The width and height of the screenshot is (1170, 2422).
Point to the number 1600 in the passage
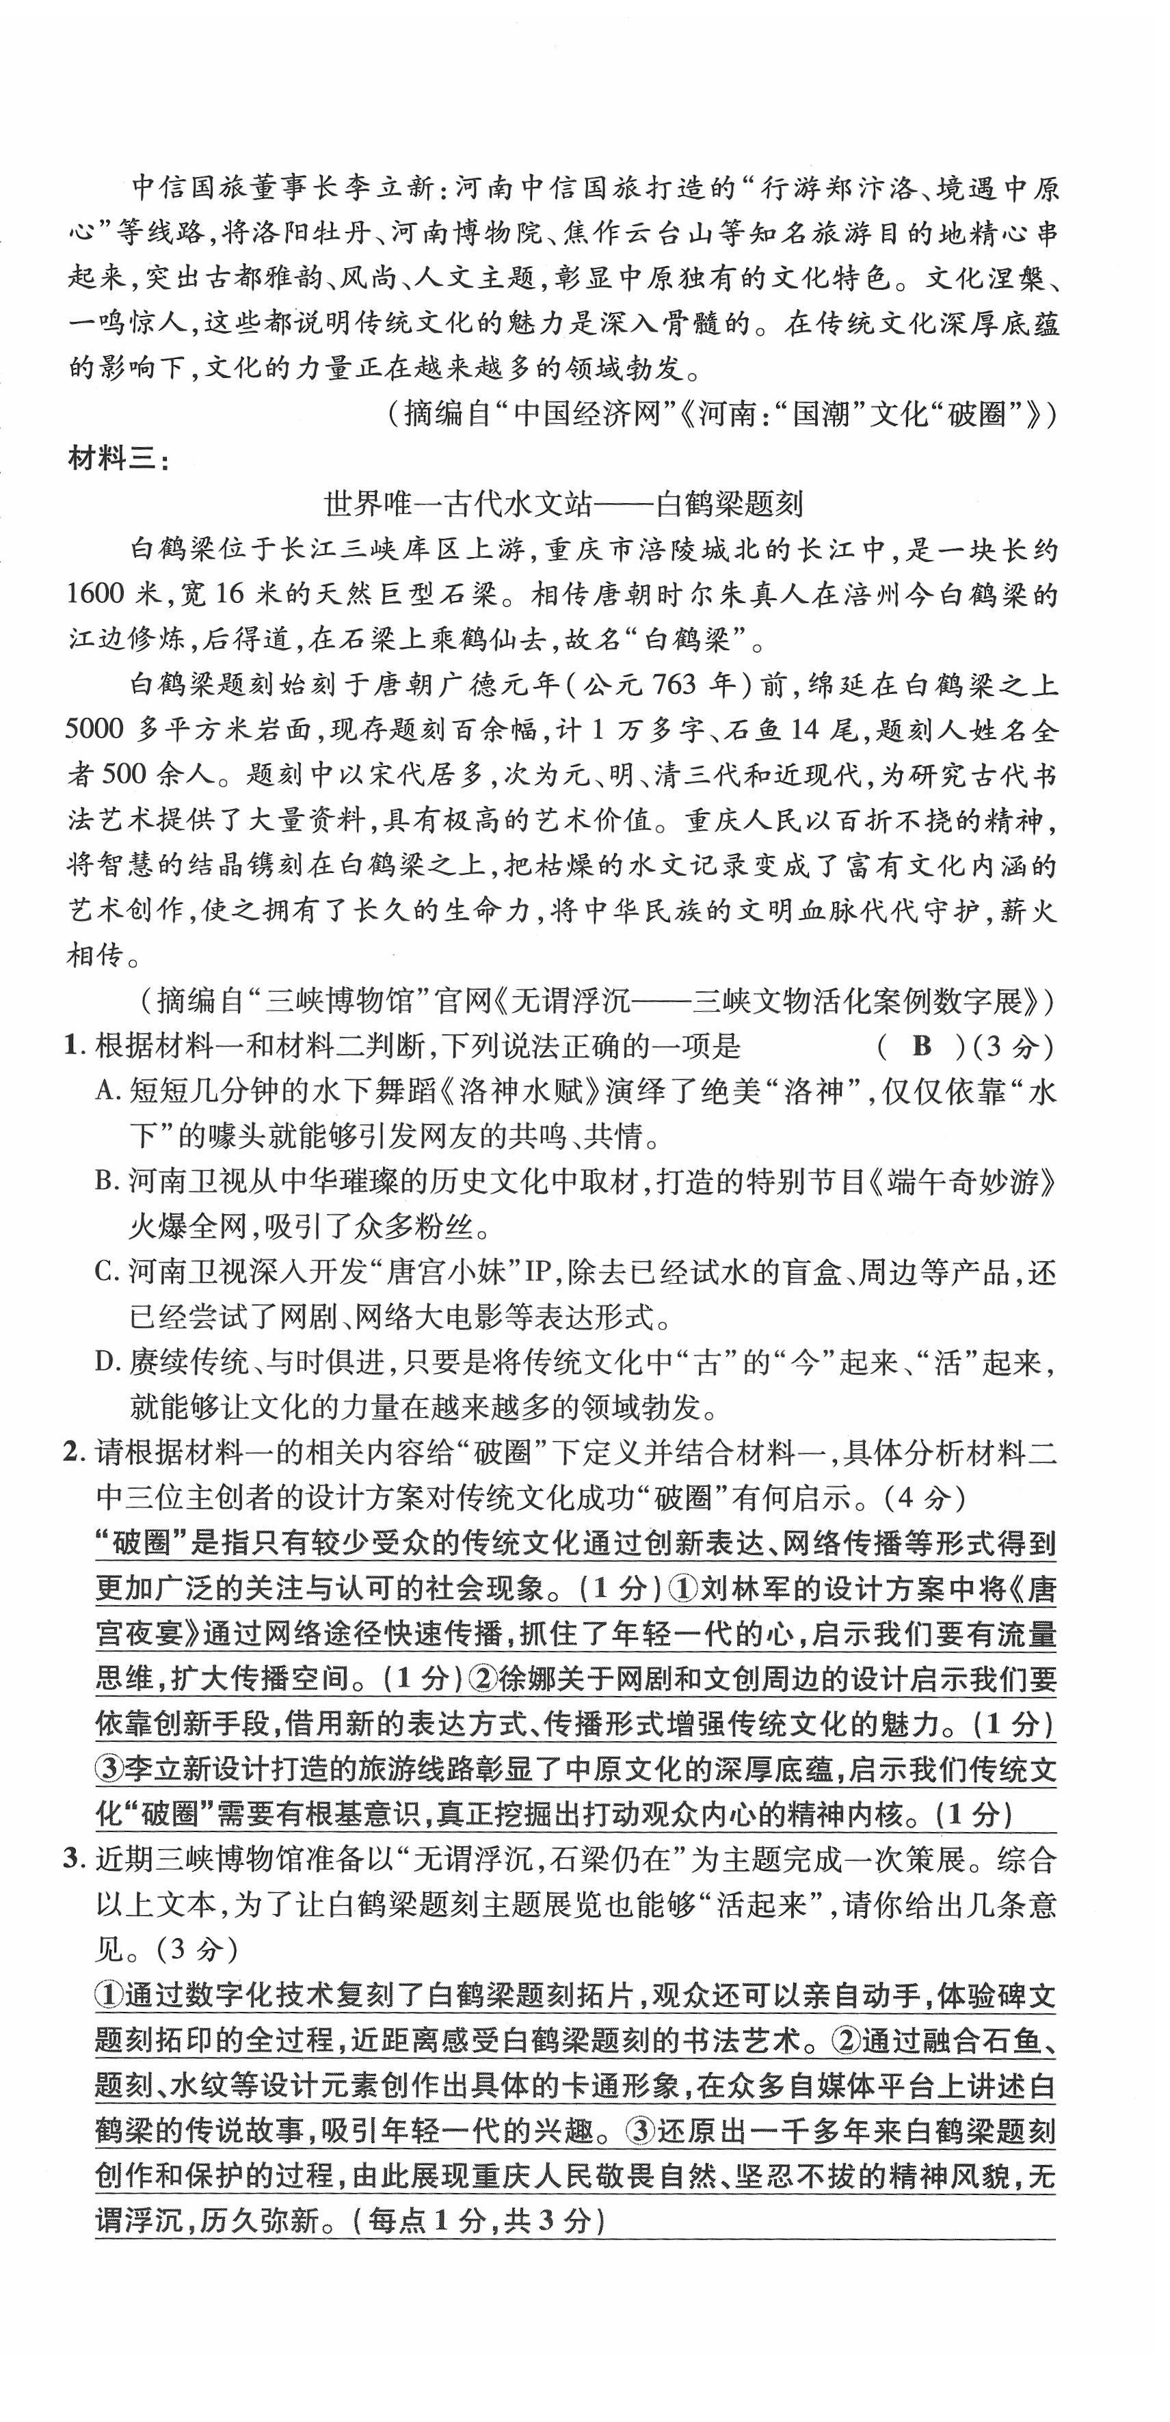point(95,594)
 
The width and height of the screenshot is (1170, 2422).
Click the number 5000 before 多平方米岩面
point(95,729)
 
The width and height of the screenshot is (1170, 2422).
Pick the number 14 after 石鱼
point(812,729)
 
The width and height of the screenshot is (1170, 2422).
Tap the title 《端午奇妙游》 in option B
point(959,1182)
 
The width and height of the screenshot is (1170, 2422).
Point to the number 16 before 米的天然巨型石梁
point(224,594)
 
